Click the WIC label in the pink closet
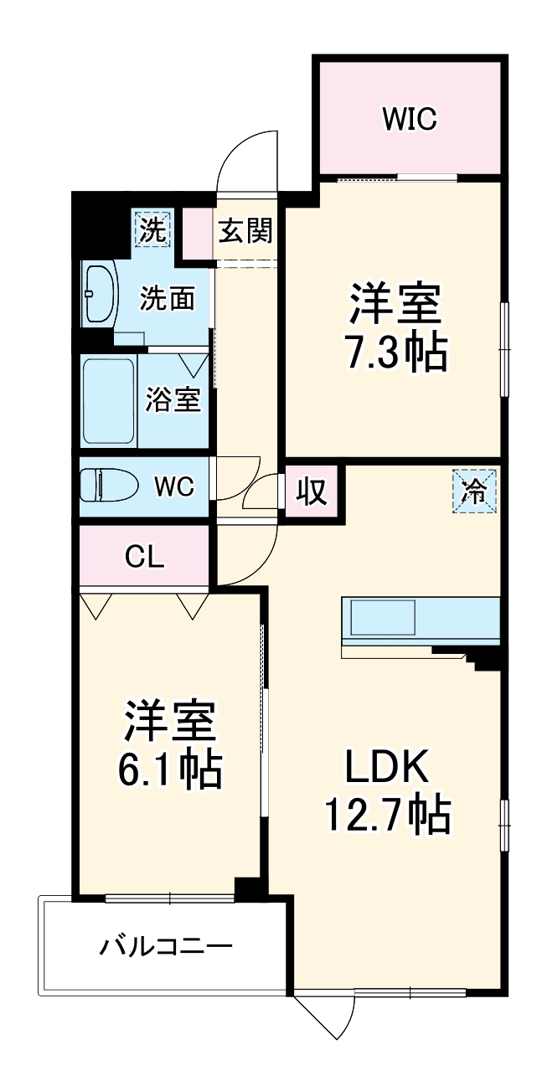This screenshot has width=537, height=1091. (x=410, y=120)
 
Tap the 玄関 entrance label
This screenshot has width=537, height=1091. (x=245, y=230)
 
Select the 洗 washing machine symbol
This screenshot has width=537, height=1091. (x=152, y=229)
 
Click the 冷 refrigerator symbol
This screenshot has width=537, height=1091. (x=475, y=491)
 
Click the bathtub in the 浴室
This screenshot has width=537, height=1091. (x=108, y=401)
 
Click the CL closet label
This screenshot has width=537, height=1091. (x=144, y=555)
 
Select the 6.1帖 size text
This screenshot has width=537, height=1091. (x=170, y=771)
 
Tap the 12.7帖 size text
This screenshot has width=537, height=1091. (x=388, y=814)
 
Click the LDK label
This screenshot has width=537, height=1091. (x=387, y=765)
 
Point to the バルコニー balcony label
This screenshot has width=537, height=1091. (x=166, y=947)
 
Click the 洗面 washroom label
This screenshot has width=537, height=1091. (x=168, y=298)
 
